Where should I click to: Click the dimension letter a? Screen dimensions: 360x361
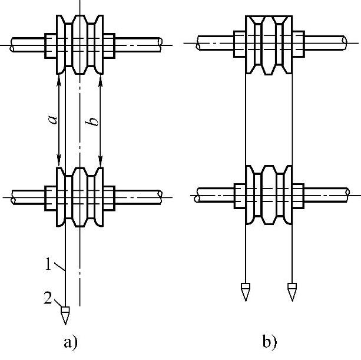pyautogui.click(x=52, y=119)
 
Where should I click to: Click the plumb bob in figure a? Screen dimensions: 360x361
pyautogui.click(x=65, y=313)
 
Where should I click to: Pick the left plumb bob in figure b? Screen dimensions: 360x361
pyautogui.click(x=245, y=291)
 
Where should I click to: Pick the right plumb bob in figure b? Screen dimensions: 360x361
pyautogui.click(x=292, y=291)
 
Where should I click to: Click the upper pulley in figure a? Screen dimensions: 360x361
pyautogui.click(x=80, y=43)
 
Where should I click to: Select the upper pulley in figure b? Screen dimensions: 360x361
pyautogui.click(x=269, y=43)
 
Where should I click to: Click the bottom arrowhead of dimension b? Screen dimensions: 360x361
pyautogui.click(x=101, y=162)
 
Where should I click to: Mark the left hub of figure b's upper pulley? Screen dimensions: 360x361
pyautogui.click(x=240, y=43)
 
